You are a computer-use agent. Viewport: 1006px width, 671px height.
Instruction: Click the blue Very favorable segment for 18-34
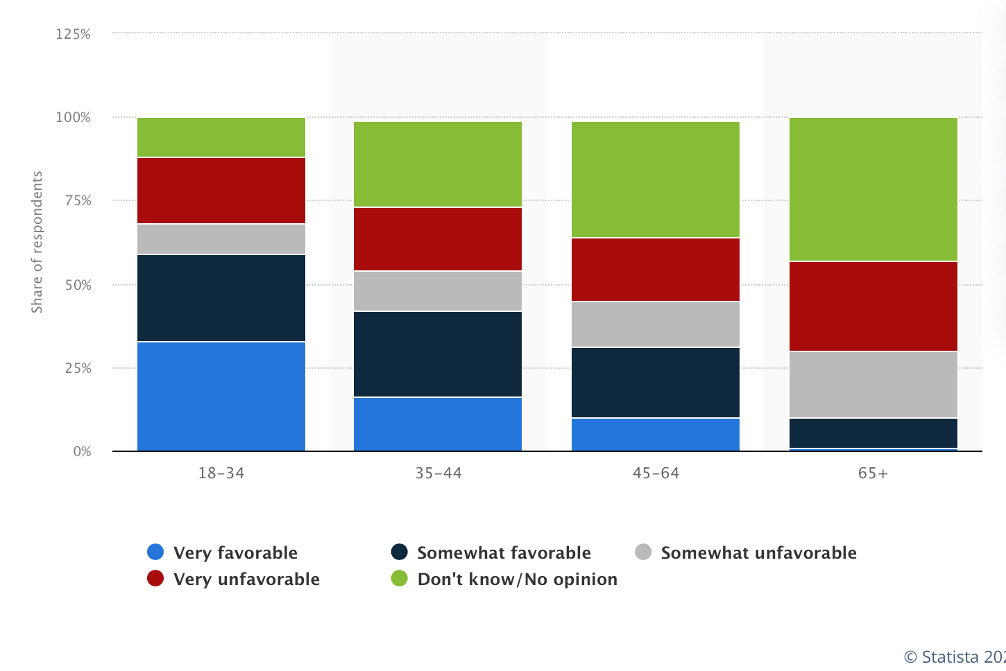pyautogui.click(x=221, y=396)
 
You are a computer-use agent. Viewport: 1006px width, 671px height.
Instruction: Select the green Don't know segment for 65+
pyautogui.click(x=873, y=189)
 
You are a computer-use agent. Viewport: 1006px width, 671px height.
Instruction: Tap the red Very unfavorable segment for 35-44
pyautogui.click(x=438, y=238)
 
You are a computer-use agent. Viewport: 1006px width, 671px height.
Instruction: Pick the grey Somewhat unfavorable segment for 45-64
pyautogui.click(x=655, y=324)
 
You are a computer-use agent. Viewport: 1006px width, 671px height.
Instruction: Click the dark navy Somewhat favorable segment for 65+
pyautogui.click(x=873, y=433)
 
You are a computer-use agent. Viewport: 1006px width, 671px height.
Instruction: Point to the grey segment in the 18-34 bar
pyautogui.click(x=221, y=239)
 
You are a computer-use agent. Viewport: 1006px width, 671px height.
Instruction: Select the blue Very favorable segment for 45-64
pyautogui.click(x=655, y=434)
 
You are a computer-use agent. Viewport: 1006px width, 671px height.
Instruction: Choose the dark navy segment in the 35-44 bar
pyautogui.click(x=438, y=354)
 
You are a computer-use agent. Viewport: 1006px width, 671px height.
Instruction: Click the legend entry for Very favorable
pyautogui.click(x=223, y=552)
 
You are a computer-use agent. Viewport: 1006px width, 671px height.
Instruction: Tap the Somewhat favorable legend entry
pyautogui.click(x=491, y=552)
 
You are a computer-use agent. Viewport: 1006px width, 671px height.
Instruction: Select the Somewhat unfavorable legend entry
pyautogui.click(x=746, y=552)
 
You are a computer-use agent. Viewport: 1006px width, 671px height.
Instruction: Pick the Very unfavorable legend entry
pyautogui.click(x=234, y=579)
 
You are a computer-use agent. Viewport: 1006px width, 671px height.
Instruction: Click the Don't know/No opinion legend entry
pyautogui.click(x=504, y=579)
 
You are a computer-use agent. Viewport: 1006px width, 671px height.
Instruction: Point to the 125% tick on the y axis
pyautogui.click(x=73, y=34)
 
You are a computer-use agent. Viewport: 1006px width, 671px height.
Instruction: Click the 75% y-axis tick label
pyautogui.click(x=77, y=200)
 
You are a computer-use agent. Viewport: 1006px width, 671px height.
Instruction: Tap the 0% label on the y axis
pyautogui.click(x=82, y=451)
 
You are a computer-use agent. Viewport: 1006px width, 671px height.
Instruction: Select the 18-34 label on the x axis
pyautogui.click(x=221, y=473)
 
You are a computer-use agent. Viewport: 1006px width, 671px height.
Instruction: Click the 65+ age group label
pyautogui.click(x=873, y=473)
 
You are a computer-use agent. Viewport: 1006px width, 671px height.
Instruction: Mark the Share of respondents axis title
pyautogui.click(x=37, y=242)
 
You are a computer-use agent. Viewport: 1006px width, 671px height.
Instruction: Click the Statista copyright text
pyautogui.click(x=954, y=656)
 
